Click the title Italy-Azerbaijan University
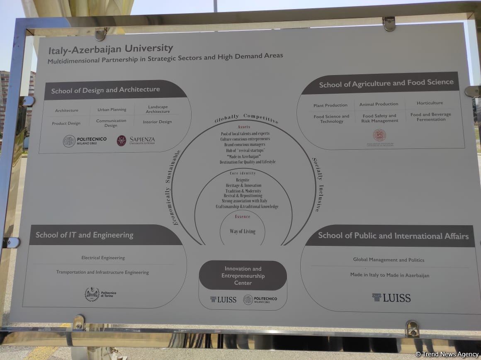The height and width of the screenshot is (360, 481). (x=111, y=49)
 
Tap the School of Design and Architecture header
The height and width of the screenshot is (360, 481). (x=105, y=90)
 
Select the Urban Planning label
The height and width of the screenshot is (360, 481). (x=112, y=110)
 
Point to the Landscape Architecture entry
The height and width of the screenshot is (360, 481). (x=158, y=109)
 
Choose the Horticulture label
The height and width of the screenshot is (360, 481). (x=430, y=103)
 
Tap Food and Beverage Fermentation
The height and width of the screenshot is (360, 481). (x=431, y=117)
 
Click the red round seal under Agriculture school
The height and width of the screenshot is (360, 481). (x=379, y=135)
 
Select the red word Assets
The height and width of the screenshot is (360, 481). (x=244, y=127)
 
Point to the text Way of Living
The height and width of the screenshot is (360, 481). (x=243, y=231)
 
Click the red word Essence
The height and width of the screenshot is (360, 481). (x=243, y=216)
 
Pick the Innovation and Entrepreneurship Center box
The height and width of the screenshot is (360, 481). (x=243, y=276)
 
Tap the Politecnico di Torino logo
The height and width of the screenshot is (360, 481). (x=100, y=294)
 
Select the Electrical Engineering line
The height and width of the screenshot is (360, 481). (x=103, y=258)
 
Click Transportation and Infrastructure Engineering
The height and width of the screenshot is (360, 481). (x=102, y=272)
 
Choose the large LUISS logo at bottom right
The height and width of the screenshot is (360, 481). (x=391, y=297)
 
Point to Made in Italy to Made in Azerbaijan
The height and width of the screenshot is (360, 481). (x=389, y=275)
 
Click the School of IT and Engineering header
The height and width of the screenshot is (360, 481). (x=85, y=235)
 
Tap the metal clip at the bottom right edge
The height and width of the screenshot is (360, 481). (x=412, y=328)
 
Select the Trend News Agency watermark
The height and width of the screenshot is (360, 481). (x=447, y=354)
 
